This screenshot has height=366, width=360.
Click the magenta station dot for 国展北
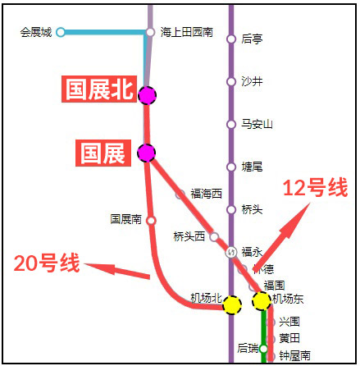coord(147,95)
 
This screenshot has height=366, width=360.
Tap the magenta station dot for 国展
coord(146,153)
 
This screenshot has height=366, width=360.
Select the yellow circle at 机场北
coord(232,305)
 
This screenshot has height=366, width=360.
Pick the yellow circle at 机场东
coord(262,301)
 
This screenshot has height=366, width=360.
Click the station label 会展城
coord(35,33)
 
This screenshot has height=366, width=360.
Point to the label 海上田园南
coord(187,33)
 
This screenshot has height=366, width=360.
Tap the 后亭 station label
coord(253,39)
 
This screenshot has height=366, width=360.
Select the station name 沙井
coord(253,81)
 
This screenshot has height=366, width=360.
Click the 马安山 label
coord(257,124)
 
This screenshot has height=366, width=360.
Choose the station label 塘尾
coord(253,167)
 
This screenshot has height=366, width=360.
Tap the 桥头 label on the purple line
coord(253,209)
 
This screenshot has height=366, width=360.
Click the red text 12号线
coord(315,189)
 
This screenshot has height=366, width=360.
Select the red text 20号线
coord(47,263)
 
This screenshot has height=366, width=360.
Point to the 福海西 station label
coord(206,194)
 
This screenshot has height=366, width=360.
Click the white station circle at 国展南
coord(151,220)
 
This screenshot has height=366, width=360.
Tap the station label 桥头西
coord(189,236)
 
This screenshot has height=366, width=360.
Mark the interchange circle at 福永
coord(232,252)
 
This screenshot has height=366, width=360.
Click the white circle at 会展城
coord(60,33)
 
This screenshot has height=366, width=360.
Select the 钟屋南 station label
coord(295,355)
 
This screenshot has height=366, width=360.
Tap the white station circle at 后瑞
coord(263,348)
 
